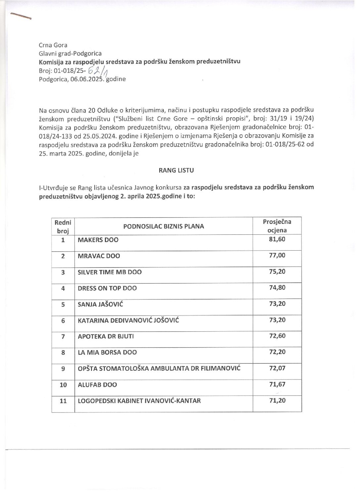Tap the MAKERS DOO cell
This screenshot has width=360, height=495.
tap(98, 240)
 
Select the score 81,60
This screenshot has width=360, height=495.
tap(277, 239)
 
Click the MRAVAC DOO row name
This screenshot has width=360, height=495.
tap(99, 256)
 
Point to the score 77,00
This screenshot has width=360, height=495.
tap(277, 255)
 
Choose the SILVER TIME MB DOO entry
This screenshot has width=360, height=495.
tap(110, 272)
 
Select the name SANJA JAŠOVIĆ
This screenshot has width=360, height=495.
tap(100, 304)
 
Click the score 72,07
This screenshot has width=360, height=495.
tap(277, 368)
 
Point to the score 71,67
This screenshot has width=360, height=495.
tap(277, 384)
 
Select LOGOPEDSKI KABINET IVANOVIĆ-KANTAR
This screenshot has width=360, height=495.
tap(139, 401)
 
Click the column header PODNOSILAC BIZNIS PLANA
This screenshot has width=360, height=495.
tap(163, 227)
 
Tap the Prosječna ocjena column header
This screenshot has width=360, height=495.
tap(277, 226)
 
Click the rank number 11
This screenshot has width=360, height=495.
tap(63, 401)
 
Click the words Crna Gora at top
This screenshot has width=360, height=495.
tap(53, 45)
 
